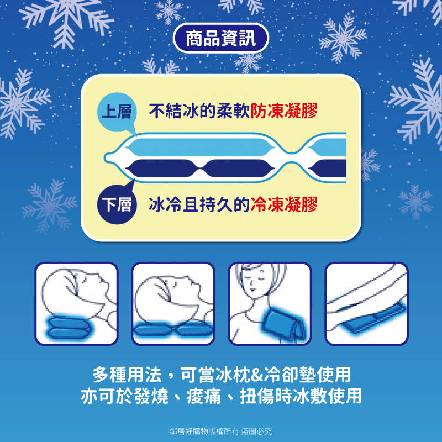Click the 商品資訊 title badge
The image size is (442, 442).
pyautogui.click(x=220, y=38)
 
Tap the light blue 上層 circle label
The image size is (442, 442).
pyautogui.click(x=117, y=112)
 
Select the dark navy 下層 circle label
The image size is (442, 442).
pyautogui.click(x=117, y=204)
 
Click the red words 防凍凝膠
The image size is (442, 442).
pyautogui.click(x=284, y=110)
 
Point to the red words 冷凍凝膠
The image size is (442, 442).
pyautogui.click(x=284, y=204)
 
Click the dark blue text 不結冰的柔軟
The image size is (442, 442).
pyautogui.click(x=199, y=110)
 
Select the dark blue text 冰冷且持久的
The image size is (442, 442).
pyautogui.click(x=199, y=204)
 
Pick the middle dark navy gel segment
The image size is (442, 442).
pyautogui.click(x=238, y=169)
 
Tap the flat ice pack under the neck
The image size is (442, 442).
pyautogui.click(x=173, y=329)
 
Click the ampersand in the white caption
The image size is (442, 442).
pyautogui.click(x=256, y=375)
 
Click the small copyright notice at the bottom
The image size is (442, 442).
pyautogui.click(x=220, y=431)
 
